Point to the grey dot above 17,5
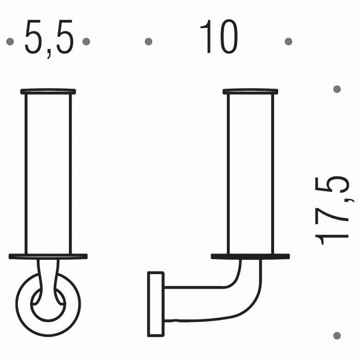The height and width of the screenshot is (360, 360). pyautogui.click(x=337, y=89)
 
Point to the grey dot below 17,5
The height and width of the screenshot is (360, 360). pyautogui.click(x=337, y=335)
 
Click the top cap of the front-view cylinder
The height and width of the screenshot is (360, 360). pyautogui.click(x=48, y=92)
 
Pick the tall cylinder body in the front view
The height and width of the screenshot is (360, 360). pyautogui.click(x=48, y=172)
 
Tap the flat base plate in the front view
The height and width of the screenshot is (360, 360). pyautogui.click(x=48, y=256)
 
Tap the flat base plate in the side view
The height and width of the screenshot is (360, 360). pyautogui.click(x=250, y=256)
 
